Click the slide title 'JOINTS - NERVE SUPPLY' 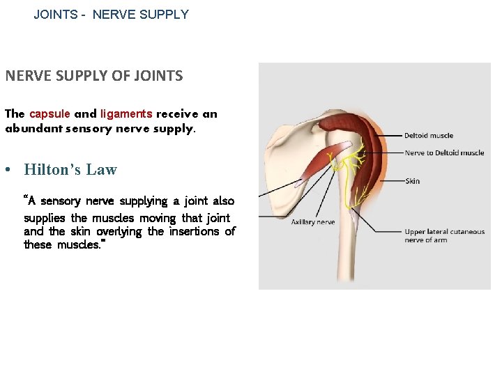pyautogui.click(x=112, y=14)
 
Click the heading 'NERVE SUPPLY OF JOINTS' pyautogui.click(x=94, y=76)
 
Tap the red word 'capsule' pyautogui.click(x=50, y=114)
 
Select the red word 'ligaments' pyautogui.click(x=126, y=114)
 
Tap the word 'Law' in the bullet pyautogui.click(x=102, y=170)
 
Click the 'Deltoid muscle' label pyautogui.click(x=429, y=136)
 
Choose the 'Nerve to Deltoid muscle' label pyautogui.click(x=444, y=153)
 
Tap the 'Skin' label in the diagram pyautogui.click(x=412, y=181)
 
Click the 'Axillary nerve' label pyautogui.click(x=313, y=222)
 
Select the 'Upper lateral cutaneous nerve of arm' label pyautogui.click(x=444, y=236)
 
